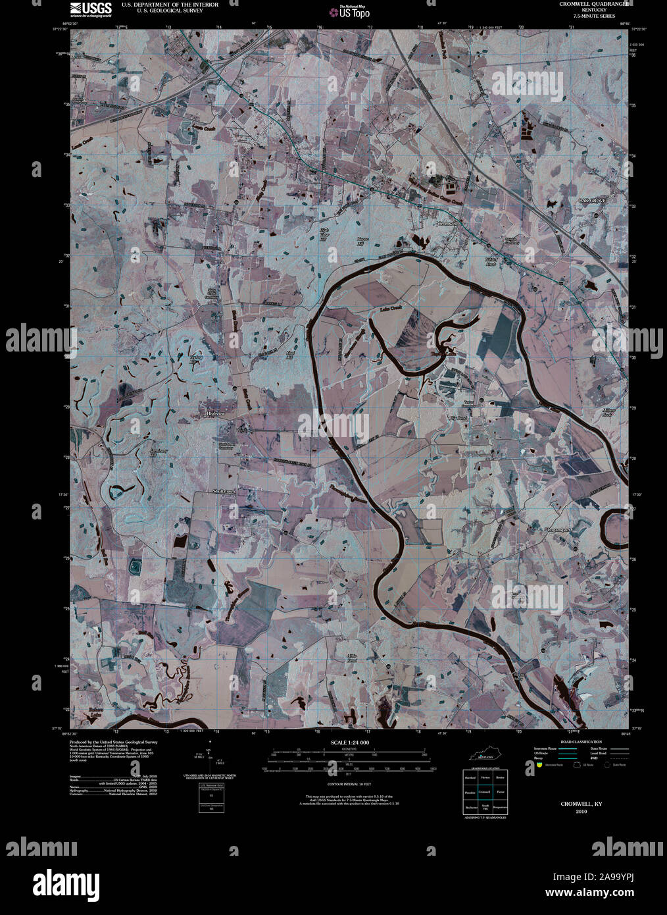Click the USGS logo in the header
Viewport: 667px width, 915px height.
coord(84,7)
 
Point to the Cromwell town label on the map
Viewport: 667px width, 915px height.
coord(447,224)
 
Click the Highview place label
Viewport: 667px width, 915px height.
coord(216,413)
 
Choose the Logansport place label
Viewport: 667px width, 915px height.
coord(559,529)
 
